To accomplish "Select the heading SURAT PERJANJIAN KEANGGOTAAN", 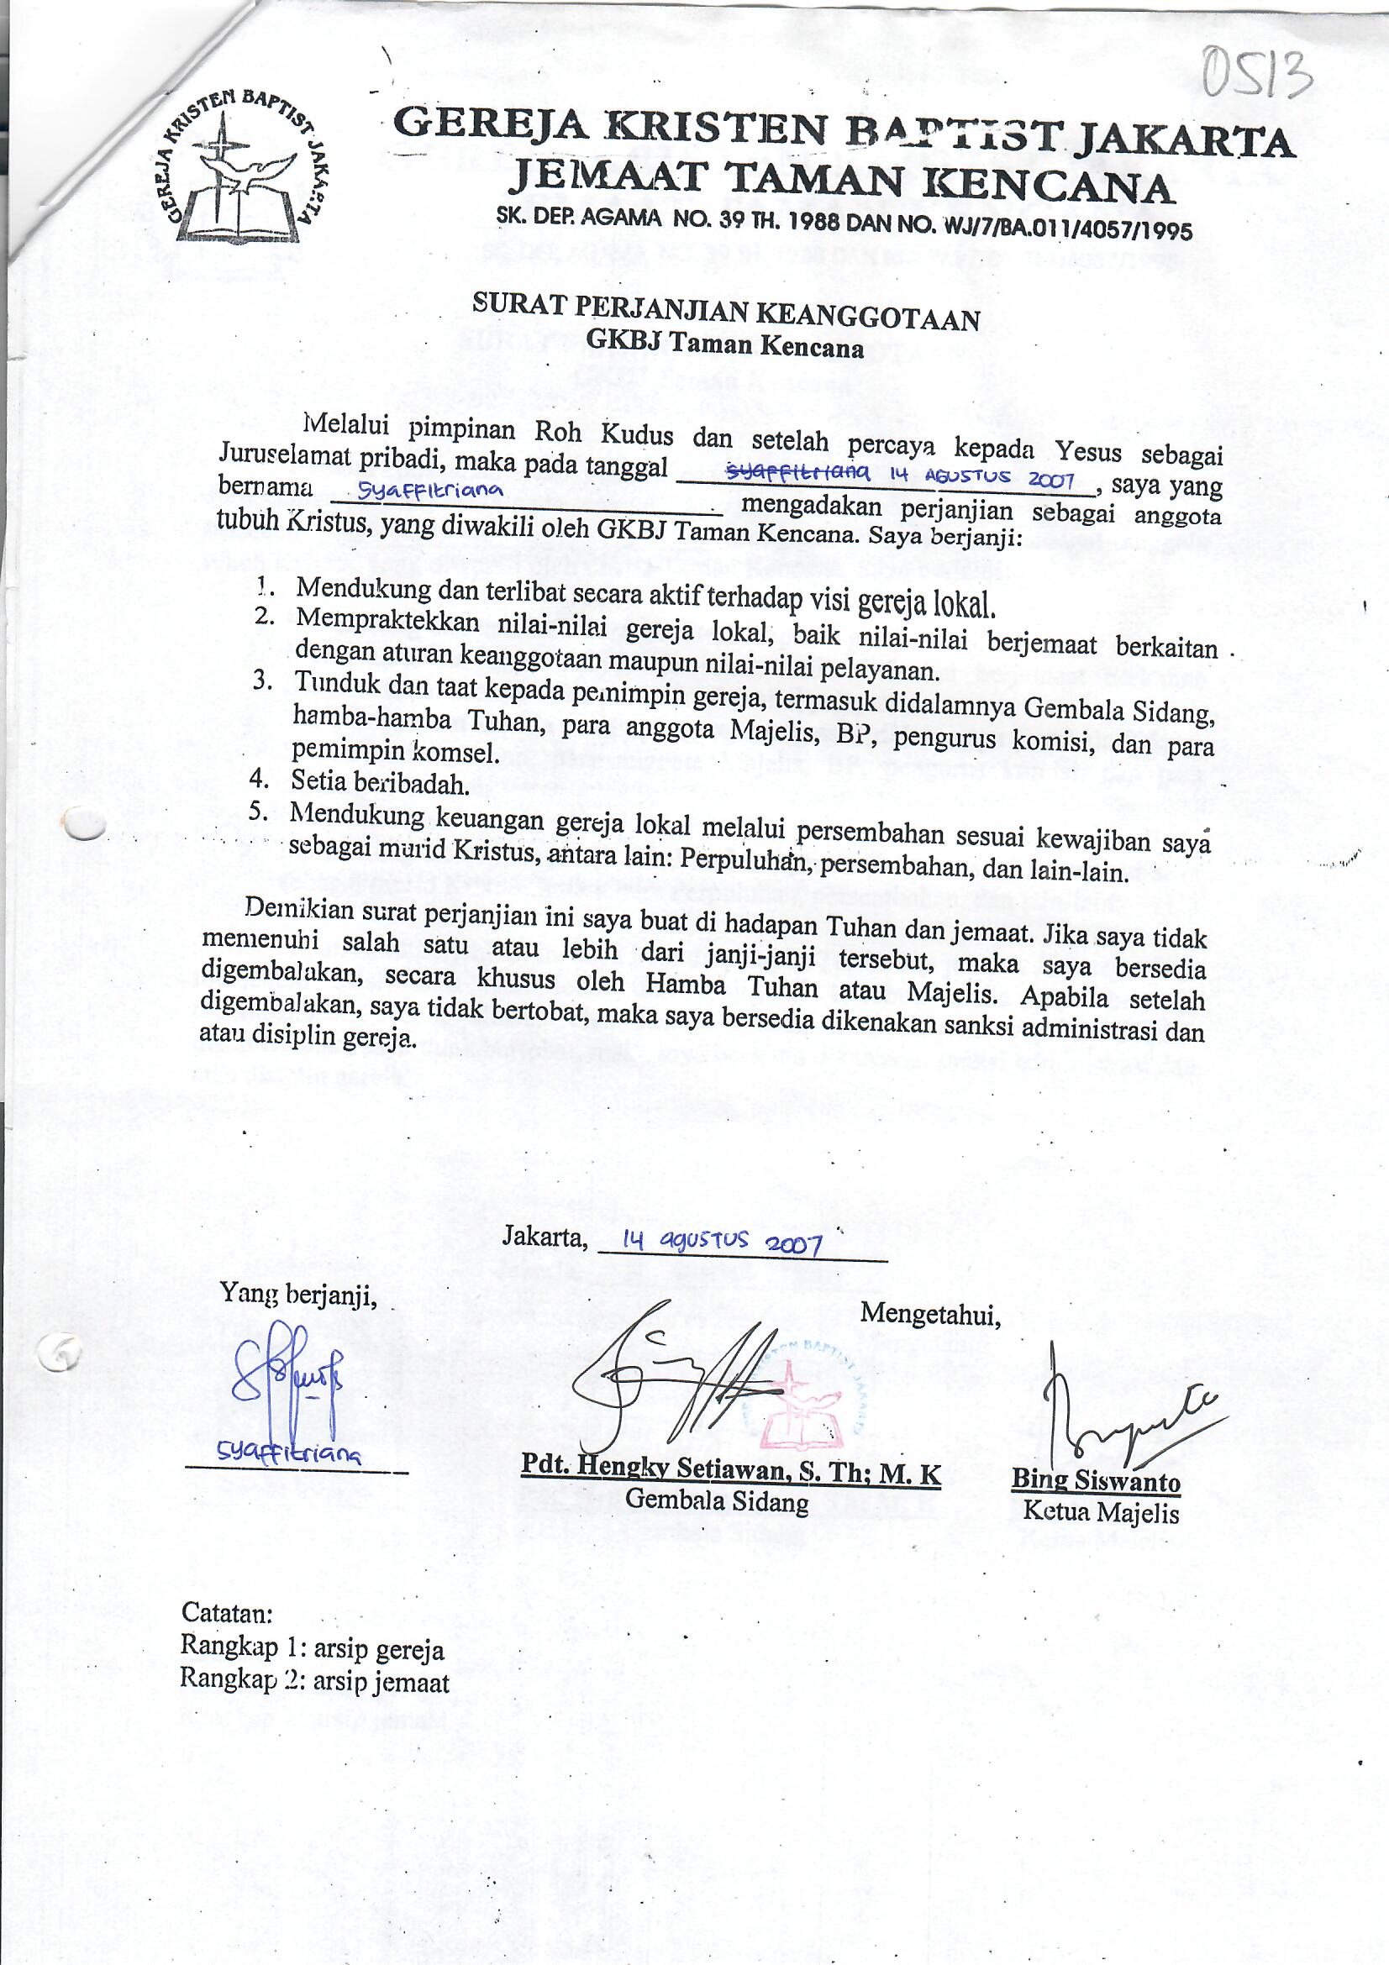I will (726, 313).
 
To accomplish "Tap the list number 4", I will (260, 778).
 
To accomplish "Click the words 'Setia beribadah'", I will (380, 781).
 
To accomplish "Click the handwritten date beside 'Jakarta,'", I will (723, 1243).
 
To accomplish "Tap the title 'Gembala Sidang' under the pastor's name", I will (716, 1500).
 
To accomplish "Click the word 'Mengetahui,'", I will (930, 1313).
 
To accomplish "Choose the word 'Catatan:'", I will (227, 1612).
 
